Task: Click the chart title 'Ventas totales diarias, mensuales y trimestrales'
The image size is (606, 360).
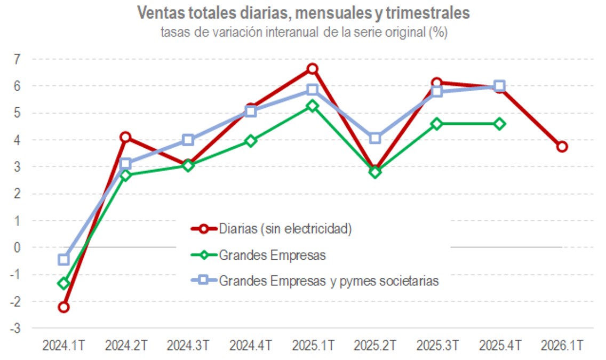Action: [304, 13]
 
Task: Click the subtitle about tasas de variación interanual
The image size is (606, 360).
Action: [304, 32]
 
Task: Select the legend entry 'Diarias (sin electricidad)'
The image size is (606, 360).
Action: [285, 229]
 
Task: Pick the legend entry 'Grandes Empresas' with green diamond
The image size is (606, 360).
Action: [272, 255]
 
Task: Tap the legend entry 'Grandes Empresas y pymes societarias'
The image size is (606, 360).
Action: [329, 281]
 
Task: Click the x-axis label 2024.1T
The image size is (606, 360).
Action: [63, 346]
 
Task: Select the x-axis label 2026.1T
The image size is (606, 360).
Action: [561, 346]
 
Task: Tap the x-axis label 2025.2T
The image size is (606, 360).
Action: [375, 346]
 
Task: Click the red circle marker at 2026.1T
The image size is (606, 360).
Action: [562, 147]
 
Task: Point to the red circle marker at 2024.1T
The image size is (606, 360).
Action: [63, 307]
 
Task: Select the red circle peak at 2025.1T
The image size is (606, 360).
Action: [313, 68]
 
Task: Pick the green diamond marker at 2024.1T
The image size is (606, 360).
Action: [63, 283]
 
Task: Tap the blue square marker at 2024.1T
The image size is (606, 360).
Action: [63, 260]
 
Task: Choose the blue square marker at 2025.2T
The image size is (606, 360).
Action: [375, 138]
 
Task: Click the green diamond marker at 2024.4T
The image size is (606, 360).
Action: [250, 141]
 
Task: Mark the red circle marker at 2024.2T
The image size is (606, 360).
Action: [125, 137]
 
